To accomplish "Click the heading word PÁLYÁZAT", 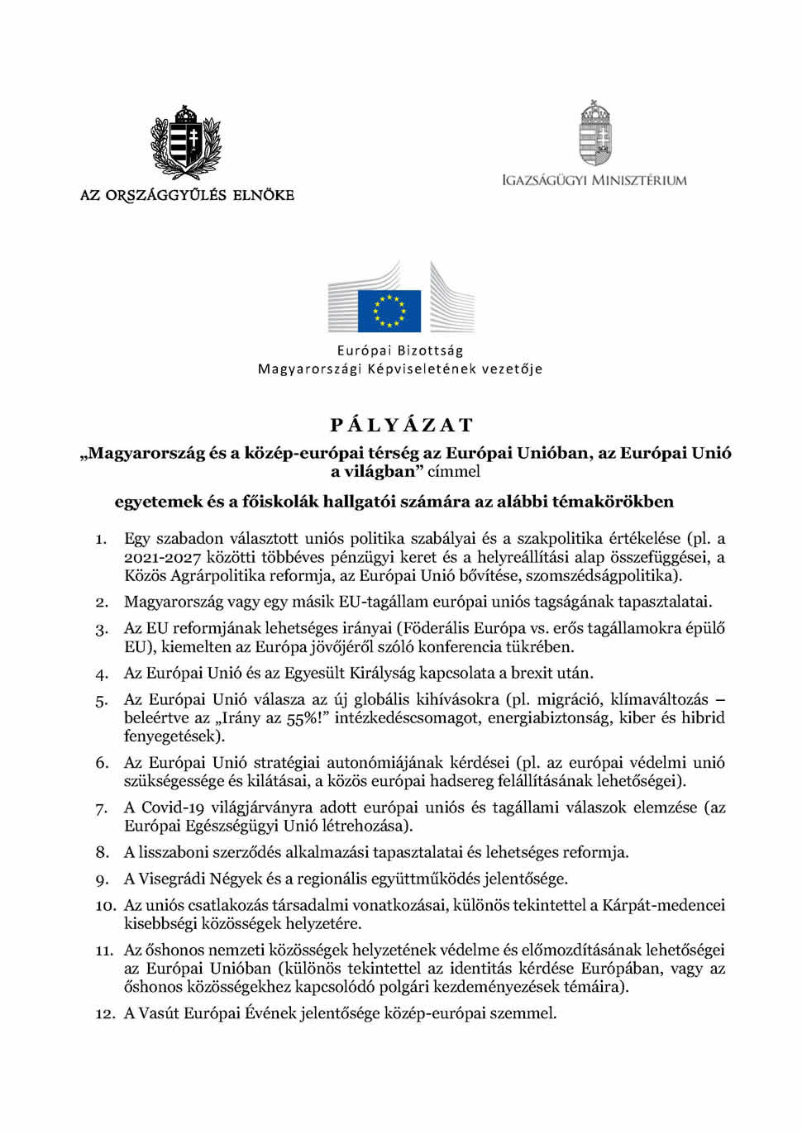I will tap(401, 425).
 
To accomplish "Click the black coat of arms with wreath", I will tap(186, 141).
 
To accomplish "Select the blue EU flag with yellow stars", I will tap(389, 310).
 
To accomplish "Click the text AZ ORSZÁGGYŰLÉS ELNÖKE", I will tap(187, 195).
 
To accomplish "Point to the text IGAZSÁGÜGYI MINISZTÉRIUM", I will tap(594, 180).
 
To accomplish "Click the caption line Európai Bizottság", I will tap(400, 350).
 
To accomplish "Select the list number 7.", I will tap(102, 808).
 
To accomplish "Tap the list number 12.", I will tap(105, 1014).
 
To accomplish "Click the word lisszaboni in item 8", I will tap(176, 852).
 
